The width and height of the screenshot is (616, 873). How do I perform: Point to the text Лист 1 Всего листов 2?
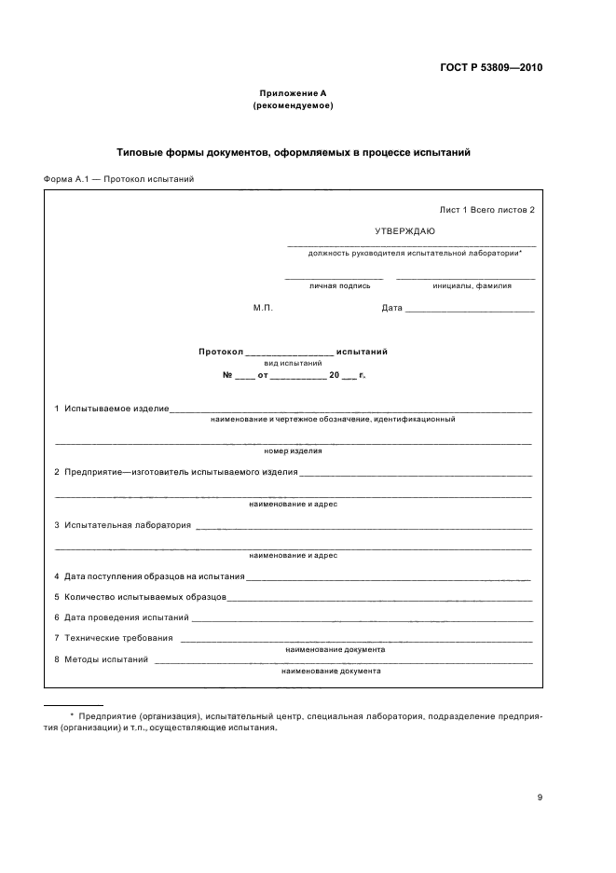tap(486, 210)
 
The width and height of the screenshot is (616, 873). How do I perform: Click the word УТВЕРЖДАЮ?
tap(404, 230)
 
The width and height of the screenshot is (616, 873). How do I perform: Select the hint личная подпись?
tap(333, 286)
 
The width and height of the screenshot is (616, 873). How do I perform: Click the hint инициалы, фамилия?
tap(466, 286)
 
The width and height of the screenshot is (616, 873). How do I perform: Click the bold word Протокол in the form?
tap(220, 352)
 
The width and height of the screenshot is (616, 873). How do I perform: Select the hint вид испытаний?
tap(293, 364)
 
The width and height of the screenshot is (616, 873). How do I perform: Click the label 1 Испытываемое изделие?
tap(111, 409)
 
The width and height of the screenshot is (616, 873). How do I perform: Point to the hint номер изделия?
tap(293, 450)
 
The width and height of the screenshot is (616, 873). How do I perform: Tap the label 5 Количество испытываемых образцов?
tap(140, 597)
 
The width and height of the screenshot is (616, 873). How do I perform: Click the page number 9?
tap(540, 797)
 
